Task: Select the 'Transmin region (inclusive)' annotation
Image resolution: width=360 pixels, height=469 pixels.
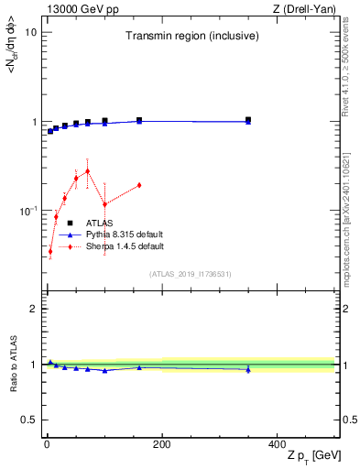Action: tap(190, 36)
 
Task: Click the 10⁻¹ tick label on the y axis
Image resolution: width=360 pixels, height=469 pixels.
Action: tap(26, 211)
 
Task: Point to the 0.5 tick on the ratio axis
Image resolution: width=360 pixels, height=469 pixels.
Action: tap(28, 420)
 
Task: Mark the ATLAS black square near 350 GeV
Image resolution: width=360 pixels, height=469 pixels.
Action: tap(248, 119)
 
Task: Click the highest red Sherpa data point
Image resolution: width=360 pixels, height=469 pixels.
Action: tap(87, 171)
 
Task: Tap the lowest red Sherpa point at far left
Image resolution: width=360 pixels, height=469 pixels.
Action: tap(50, 251)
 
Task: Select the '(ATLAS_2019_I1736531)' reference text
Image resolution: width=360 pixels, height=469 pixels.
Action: tap(190, 274)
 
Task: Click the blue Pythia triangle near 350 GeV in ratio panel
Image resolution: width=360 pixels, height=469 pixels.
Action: tap(248, 369)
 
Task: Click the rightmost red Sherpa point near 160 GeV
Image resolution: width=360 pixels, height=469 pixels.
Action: tap(139, 185)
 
